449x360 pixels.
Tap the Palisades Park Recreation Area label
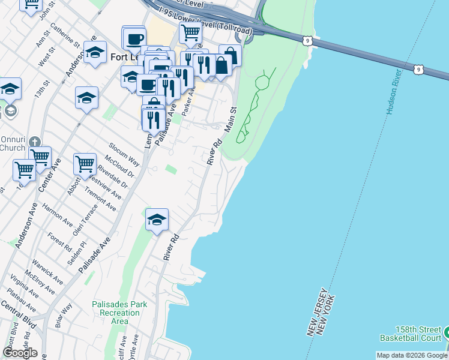point(119,313)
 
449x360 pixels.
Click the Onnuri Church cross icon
point(35,142)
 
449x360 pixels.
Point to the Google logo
point(20,353)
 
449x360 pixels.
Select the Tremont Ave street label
point(101,197)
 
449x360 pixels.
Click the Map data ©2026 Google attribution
point(412,355)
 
